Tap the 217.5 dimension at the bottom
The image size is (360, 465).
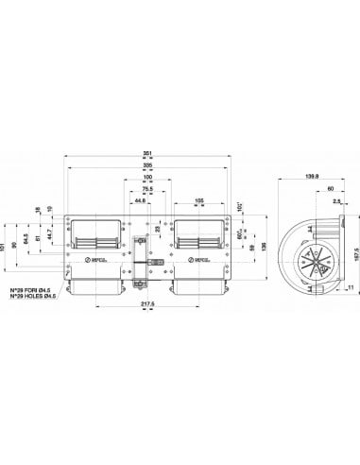pos(146,303)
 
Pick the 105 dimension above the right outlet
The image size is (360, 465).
pos(199,201)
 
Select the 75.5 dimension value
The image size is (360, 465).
pos(146,188)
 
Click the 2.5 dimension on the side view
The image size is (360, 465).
pos(336,200)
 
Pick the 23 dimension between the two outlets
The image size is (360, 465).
pos(158,227)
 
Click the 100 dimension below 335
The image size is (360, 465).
pos(146,177)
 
